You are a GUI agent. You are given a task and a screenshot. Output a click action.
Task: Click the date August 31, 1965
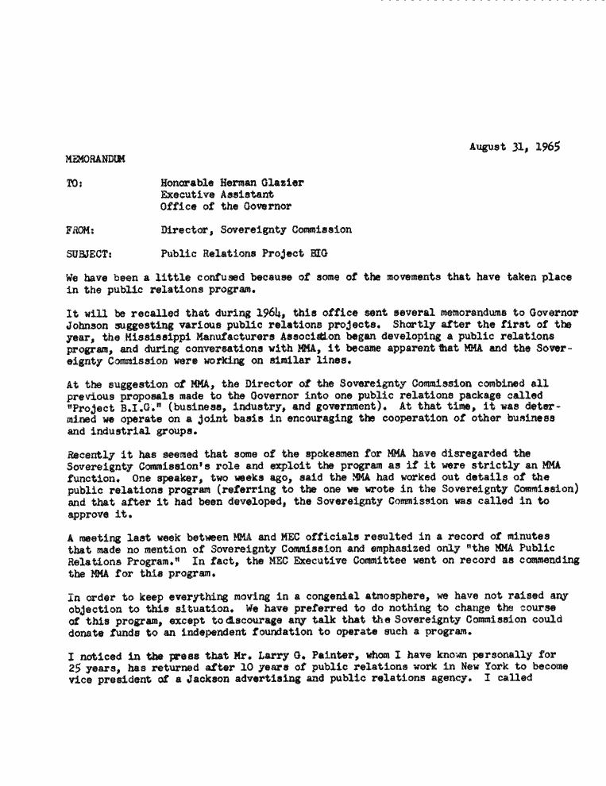coord(514,147)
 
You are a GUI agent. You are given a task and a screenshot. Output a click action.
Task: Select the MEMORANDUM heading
coord(95,160)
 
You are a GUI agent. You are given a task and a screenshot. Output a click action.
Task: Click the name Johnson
coord(89,325)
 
